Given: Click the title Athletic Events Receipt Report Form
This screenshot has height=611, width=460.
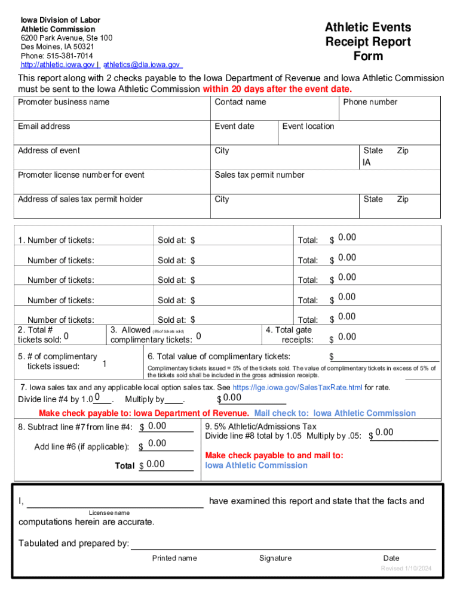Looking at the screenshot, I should coord(367,42).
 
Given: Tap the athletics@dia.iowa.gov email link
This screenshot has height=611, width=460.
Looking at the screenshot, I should coord(142,64).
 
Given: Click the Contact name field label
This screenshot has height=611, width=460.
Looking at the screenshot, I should coord(240,102).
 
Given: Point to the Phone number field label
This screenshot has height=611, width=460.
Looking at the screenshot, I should coord(370,102).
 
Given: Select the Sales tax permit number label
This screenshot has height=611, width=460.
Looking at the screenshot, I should coord(259,175).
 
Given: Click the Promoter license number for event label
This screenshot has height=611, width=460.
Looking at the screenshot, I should coord(81,175).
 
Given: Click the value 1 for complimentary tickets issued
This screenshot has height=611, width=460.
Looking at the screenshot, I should coord(105,364).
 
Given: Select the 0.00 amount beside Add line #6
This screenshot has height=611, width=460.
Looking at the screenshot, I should coord(157,443).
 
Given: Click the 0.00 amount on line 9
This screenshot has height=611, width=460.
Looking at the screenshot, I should coord(384,432).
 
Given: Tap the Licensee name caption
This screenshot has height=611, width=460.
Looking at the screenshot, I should coord(109,513).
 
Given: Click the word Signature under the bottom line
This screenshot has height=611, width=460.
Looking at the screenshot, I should coord(275,558).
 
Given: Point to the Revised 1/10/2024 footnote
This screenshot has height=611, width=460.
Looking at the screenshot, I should coord(406,569).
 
